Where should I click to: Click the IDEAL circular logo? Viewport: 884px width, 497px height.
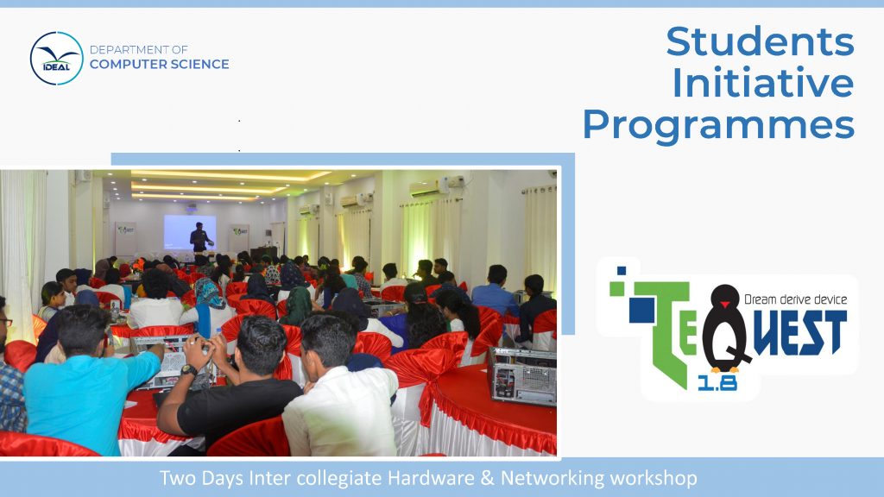(56, 59)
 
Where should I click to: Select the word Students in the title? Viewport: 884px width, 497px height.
(760, 41)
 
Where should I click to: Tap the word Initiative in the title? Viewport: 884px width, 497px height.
(763, 83)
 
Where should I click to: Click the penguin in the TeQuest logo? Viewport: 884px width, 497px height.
(725, 329)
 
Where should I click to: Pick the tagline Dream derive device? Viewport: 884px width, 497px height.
(795, 299)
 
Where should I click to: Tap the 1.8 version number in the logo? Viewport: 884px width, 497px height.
(717, 384)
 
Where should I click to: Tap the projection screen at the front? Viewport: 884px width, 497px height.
(190, 231)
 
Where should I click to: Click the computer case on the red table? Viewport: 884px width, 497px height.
(522, 376)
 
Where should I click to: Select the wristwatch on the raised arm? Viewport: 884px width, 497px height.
(188, 370)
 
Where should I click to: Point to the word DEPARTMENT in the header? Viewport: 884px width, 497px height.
(130, 49)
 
